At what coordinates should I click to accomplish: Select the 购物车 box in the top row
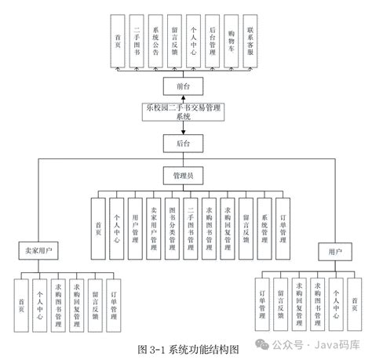pos(231,39)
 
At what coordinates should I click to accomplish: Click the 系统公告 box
pos(155,39)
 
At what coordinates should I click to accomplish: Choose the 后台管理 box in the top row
pos(212,39)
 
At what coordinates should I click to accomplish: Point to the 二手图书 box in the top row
pos(137,39)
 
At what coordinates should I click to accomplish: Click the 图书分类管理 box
pos(171,227)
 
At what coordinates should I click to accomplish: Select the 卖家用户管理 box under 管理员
pos(153,227)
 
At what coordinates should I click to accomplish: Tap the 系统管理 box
pos(264,227)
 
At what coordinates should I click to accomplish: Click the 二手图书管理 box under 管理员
pos(190,227)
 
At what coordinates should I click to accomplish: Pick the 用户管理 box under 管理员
pos(134,227)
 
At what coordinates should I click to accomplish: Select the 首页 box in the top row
pos(117,39)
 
